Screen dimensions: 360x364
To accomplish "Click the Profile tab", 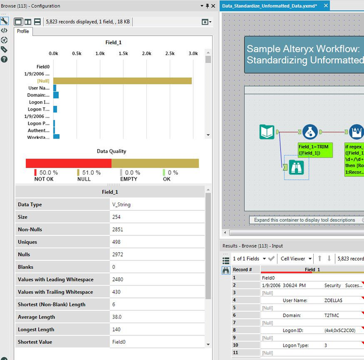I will pyautogui.click(x=23, y=31).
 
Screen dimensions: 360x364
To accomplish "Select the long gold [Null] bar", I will pyautogui.click(x=122, y=81).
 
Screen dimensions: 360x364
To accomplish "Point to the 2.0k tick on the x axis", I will pyautogui.click(x=146, y=53).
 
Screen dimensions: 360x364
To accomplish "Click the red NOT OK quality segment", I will pyautogui.click(x=68, y=163).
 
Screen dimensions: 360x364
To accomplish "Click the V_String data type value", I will pyautogui.click(x=121, y=205).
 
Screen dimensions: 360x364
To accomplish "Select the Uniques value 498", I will pyautogui.click(x=117, y=242).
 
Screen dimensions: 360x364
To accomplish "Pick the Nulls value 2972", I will pyautogui.click(x=118, y=254).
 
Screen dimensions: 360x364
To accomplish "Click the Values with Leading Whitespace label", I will pyautogui.click(x=56, y=280).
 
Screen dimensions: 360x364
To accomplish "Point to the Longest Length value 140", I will pyautogui.click(x=117, y=329).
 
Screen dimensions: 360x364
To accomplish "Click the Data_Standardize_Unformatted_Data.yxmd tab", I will pyautogui.click(x=269, y=6).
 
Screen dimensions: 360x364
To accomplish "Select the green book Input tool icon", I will pyautogui.click(x=267, y=132).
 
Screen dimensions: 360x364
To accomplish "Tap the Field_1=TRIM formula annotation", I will pyautogui.click(x=315, y=150).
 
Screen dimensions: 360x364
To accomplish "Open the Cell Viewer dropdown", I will pyautogui.click(x=296, y=259).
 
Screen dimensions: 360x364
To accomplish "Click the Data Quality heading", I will pyautogui.click(x=111, y=151).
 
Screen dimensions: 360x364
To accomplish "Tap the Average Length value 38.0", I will pyautogui.click(x=117, y=317).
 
